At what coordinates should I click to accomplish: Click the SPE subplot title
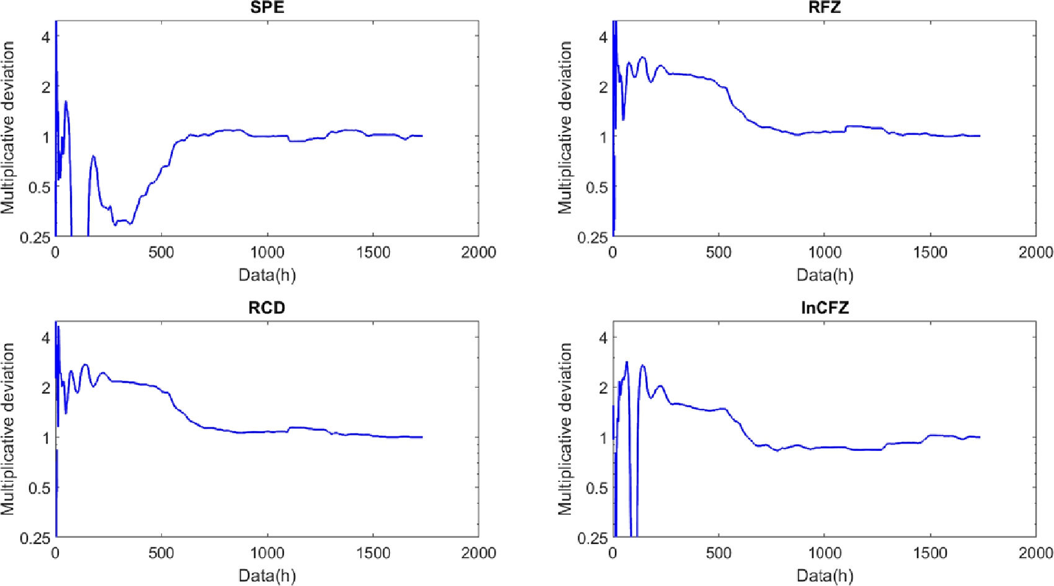[267, 7]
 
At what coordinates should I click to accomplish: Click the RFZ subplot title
[824, 7]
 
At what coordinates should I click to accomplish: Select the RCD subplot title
[267, 308]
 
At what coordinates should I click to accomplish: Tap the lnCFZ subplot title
[824, 308]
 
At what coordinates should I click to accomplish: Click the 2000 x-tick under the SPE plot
[478, 252]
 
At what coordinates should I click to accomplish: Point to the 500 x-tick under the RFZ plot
[719, 252]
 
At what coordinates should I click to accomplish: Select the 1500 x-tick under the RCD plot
[373, 553]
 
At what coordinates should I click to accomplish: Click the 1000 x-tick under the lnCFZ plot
[824, 553]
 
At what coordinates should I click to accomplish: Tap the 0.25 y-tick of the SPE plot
[35, 237]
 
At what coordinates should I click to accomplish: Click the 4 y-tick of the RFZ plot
[603, 37]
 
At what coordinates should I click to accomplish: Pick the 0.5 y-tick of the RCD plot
[39, 488]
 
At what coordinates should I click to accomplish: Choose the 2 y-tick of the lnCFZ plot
[603, 388]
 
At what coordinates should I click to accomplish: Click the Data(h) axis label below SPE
[267, 274]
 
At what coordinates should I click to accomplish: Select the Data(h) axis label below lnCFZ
[824, 575]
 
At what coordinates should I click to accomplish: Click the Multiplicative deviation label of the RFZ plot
[565, 128]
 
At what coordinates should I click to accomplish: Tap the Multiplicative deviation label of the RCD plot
[7, 429]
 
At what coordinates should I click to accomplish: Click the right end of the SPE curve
[422, 136]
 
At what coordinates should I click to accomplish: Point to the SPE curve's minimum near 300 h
[115, 224]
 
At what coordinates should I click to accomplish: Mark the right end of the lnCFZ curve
[979, 437]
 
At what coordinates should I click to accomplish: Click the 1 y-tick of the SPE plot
[46, 137]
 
